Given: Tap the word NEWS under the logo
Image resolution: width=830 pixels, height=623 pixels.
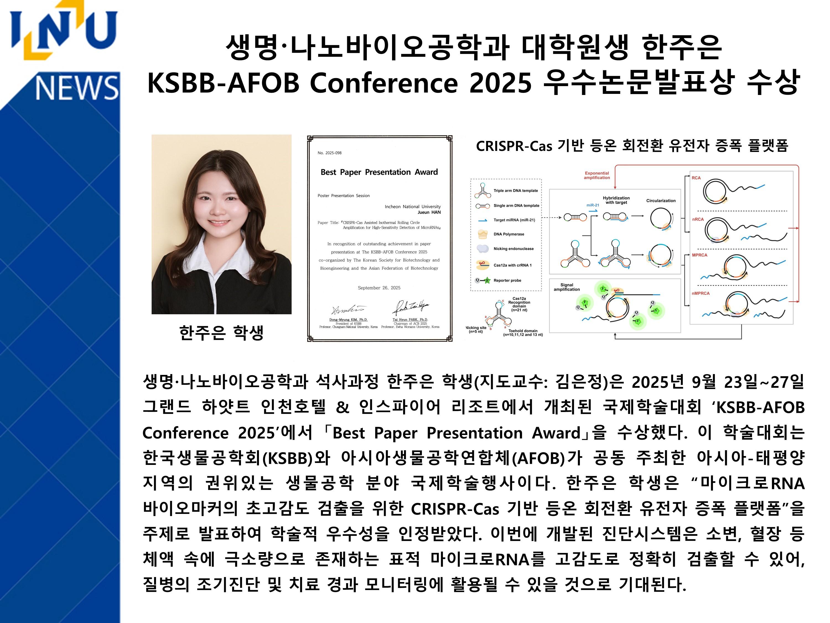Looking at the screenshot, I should (77, 87).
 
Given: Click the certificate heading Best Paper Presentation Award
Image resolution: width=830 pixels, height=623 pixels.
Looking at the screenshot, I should (379, 172).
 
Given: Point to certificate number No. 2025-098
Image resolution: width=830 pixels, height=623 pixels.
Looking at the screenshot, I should (330, 153).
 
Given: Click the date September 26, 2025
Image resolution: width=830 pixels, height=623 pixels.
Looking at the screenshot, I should (379, 288).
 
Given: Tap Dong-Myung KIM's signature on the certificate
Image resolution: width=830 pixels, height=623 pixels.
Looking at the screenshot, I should (348, 310).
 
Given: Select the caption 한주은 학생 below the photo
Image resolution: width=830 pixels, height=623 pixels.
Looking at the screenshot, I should (221, 333).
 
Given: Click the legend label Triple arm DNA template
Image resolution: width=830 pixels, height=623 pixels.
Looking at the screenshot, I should (515, 191).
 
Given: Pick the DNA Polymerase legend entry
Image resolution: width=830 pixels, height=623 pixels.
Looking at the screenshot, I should (509, 234).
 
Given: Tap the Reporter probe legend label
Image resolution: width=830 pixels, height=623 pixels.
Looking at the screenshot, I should (507, 280).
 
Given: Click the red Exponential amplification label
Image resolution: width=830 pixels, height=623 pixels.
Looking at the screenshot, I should (596, 175).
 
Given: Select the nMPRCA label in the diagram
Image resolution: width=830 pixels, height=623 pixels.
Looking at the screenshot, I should (701, 293).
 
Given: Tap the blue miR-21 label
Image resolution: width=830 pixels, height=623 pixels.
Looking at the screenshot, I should (593, 205).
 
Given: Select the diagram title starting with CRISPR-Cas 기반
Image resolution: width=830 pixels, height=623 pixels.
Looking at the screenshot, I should (632, 146).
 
